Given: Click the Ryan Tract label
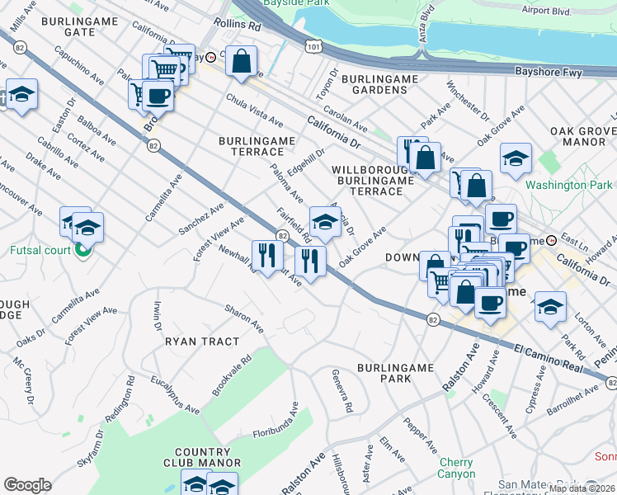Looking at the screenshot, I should [202, 341].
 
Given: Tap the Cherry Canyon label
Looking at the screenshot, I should [456, 468].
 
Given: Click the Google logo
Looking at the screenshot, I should [27, 485].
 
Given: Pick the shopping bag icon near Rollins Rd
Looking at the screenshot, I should [241, 61].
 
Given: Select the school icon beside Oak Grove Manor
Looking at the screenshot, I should [516, 159].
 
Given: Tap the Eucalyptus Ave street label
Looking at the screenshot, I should [176, 395].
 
